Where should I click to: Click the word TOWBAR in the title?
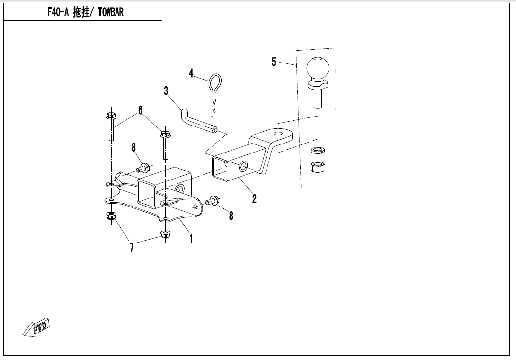pyautogui.click(x=111, y=12)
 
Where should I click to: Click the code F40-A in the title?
pyautogui.click(x=58, y=12)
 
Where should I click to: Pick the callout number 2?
pyautogui.click(x=254, y=198)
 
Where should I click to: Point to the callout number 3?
pyautogui.click(x=166, y=90)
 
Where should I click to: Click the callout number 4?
pyautogui.click(x=191, y=73)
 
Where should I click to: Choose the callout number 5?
pyautogui.click(x=274, y=62)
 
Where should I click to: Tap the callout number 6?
pyautogui.click(x=141, y=110)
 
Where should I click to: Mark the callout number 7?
pyautogui.click(x=132, y=247)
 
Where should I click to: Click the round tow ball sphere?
pyautogui.click(x=318, y=68)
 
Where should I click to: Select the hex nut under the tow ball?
pyautogui.click(x=318, y=167)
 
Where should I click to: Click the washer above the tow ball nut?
pyautogui.click(x=318, y=150)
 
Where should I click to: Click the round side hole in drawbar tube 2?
pyautogui.click(x=243, y=166)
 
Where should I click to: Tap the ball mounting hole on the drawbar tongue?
pyautogui.click(x=278, y=134)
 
